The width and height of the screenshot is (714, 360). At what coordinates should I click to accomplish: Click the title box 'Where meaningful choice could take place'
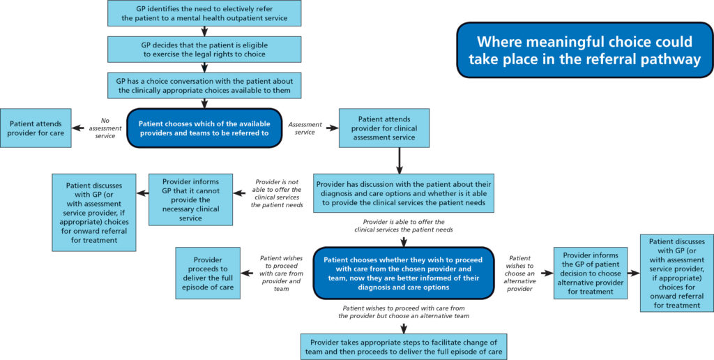tap(584, 50)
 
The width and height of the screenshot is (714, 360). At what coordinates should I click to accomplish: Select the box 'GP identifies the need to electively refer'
tap(204, 13)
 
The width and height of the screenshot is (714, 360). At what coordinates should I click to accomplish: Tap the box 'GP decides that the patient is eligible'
tap(204, 49)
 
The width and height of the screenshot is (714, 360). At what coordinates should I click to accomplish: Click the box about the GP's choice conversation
tap(204, 85)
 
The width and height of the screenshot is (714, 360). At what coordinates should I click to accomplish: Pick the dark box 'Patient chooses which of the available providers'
tap(204, 128)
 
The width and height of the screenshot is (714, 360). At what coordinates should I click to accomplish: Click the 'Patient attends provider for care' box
tap(36, 128)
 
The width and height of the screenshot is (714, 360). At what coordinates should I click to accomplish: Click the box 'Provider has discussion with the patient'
tap(404, 193)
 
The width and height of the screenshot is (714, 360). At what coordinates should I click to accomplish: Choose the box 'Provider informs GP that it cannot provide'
tap(190, 200)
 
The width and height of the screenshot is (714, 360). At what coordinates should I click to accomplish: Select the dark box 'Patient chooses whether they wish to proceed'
tap(404, 272)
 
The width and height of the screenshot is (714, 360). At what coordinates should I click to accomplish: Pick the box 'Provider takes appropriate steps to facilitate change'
tap(404, 347)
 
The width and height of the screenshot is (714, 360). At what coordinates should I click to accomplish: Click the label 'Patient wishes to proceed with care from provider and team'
tap(280, 272)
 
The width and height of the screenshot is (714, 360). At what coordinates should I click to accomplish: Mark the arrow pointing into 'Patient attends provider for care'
tap(79, 128)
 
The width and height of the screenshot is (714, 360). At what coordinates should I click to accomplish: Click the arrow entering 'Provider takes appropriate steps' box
tap(404, 327)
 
